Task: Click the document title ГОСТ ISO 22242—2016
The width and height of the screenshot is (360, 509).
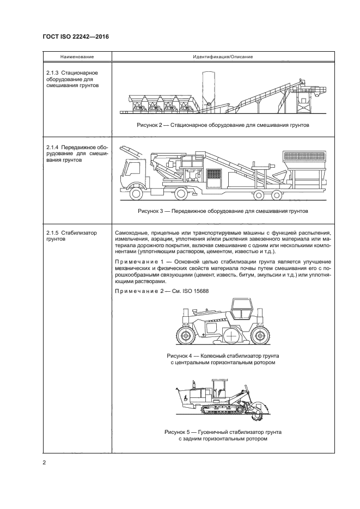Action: point(75,36)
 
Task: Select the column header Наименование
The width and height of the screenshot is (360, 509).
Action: point(76,57)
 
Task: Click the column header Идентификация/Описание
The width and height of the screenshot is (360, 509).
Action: point(222,57)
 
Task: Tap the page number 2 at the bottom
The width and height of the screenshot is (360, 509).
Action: point(45,463)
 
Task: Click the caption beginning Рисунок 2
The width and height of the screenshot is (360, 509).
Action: point(223,125)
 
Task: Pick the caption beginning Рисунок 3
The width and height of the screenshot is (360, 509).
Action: point(223,211)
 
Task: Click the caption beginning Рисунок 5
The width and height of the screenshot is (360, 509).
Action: point(223,434)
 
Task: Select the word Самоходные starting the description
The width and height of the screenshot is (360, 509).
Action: point(131,232)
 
